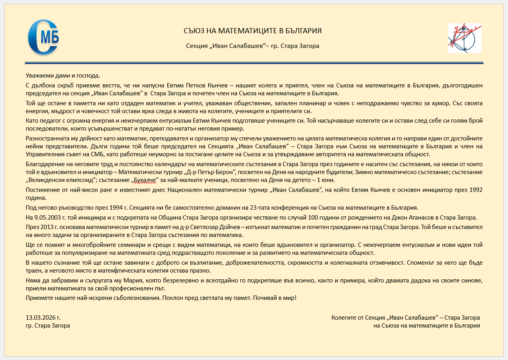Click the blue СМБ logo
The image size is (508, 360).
click(43, 37)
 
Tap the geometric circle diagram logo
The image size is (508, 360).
click(464, 38)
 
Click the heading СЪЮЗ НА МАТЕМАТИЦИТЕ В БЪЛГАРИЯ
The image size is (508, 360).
click(252, 31)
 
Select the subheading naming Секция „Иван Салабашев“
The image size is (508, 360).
click(252, 46)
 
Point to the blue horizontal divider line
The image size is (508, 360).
click(254, 63)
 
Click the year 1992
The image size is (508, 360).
click(475, 190)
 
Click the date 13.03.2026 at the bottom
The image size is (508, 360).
click(43, 318)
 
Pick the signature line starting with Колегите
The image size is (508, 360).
click(406, 318)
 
